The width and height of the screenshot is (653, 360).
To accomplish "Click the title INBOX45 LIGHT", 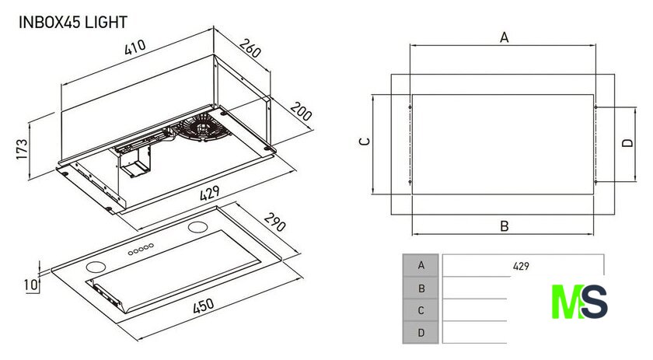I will [x=72, y=23].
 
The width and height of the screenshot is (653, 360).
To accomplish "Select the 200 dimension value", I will [x=301, y=111].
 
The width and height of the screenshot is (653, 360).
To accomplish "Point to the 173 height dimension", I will [x=23, y=149].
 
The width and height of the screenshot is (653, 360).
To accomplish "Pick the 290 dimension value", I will [x=274, y=225].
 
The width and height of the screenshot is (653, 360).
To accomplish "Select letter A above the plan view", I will [x=504, y=37].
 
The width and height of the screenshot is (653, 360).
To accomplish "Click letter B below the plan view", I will [x=504, y=226].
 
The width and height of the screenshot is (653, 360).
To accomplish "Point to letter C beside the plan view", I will [x=364, y=142].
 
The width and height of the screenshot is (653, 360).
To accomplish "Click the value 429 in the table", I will [x=521, y=266].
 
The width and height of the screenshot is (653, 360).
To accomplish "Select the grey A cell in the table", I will [x=421, y=265].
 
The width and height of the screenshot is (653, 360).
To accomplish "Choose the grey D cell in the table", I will [x=421, y=333].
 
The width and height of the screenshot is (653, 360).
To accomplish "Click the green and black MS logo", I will [x=578, y=301].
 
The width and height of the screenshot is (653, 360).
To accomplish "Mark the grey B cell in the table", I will [x=421, y=288].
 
